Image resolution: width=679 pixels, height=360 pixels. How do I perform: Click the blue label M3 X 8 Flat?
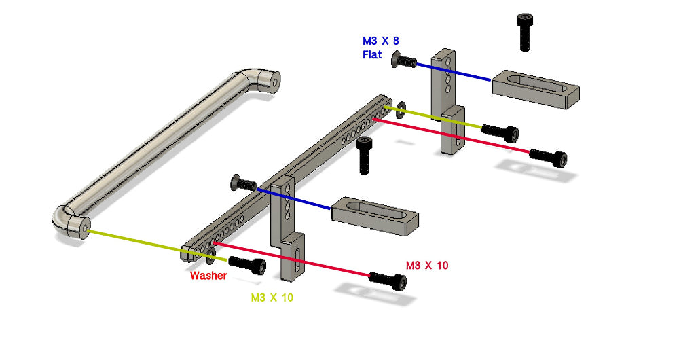coord(380,48)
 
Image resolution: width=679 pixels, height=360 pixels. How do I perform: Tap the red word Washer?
coord(208,276)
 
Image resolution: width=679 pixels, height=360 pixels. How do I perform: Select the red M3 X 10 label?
coord(427,265)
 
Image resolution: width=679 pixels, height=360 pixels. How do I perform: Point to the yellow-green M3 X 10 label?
coord(272,298)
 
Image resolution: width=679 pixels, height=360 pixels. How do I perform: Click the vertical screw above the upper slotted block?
coord(524,31)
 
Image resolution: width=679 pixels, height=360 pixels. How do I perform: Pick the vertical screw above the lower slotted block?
coord(365,154)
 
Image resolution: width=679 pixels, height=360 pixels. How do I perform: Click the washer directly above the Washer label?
coord(210,255)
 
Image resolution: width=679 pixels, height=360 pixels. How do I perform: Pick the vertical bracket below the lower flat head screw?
coord(288,231)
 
